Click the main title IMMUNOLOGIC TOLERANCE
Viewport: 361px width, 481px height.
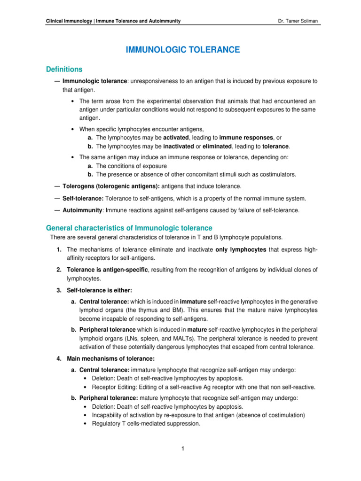(183, 49)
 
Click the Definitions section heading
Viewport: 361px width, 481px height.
(64, 70)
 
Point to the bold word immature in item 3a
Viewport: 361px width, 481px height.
(193, 301)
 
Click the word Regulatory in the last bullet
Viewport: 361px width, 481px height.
(100, 423)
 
